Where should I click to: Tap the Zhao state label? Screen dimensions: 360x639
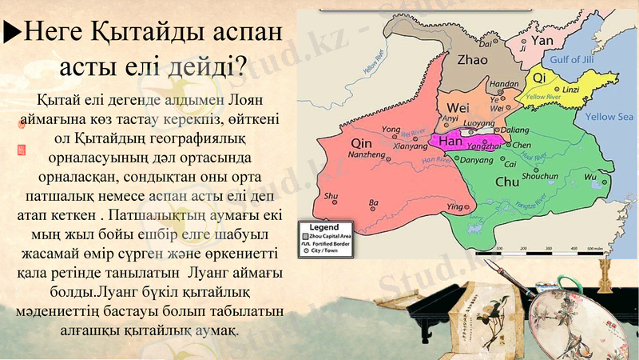tap(472, 58)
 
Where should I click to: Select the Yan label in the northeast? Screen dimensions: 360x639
tap(542, 39)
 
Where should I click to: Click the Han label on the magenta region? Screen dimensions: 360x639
tap(451, 142)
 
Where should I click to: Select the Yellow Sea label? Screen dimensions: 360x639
tap(609, 117)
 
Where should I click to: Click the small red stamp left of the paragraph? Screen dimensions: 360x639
tap(21, 148)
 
